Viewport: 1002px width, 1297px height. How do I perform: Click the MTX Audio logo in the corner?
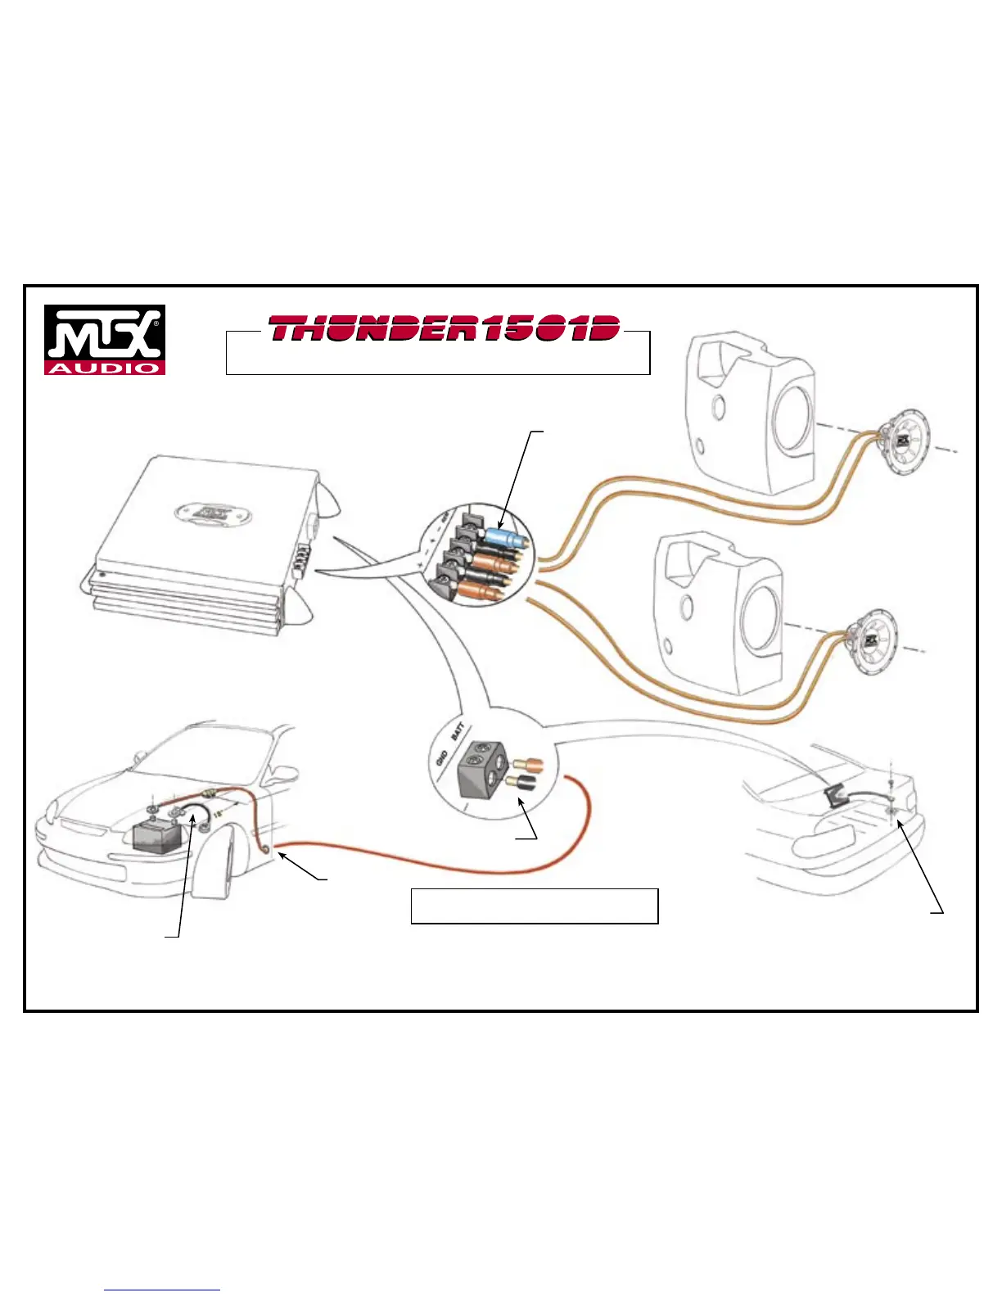105,340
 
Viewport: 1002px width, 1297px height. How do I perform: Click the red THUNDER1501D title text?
444,329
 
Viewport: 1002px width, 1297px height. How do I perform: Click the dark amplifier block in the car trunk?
834,793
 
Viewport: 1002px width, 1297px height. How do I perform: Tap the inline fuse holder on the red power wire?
210,793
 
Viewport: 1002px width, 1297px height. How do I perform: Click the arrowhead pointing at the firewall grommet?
283,855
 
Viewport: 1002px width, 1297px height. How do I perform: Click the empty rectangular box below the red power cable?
534,906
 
